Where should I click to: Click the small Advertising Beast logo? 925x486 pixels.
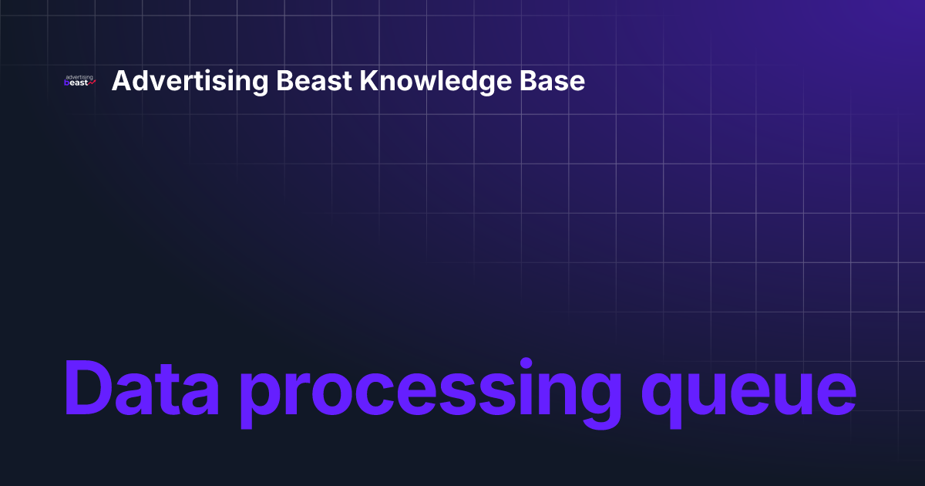79,81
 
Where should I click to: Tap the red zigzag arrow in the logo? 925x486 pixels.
92,82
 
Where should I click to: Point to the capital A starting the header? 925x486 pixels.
120,81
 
